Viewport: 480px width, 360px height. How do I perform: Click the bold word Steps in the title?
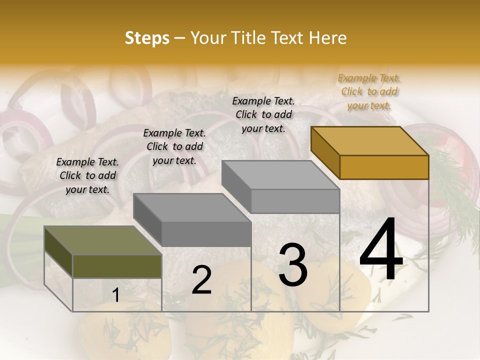click(147, 38)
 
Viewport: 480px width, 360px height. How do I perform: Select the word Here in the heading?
click(328, 38)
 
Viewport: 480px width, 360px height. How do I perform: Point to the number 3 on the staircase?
click(292, 265)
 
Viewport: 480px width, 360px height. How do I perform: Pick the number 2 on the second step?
click(201, 280)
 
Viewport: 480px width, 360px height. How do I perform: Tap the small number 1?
click(116, 295)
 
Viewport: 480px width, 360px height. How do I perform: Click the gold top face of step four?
click(370, 141)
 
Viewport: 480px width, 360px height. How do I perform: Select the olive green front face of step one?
click(117, 266)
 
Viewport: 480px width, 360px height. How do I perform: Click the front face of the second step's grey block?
click(206, 234)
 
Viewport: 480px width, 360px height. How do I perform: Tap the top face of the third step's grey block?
click(280, 175)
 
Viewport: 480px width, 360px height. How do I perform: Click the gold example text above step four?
click(369, 91)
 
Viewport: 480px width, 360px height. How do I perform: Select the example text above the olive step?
click(87, 175)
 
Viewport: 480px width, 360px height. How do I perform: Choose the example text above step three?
click(263, 114)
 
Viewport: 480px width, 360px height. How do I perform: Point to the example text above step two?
click(174, 146)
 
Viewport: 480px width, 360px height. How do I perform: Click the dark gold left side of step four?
click(325, 152)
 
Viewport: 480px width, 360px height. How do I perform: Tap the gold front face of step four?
click(384, 167)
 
